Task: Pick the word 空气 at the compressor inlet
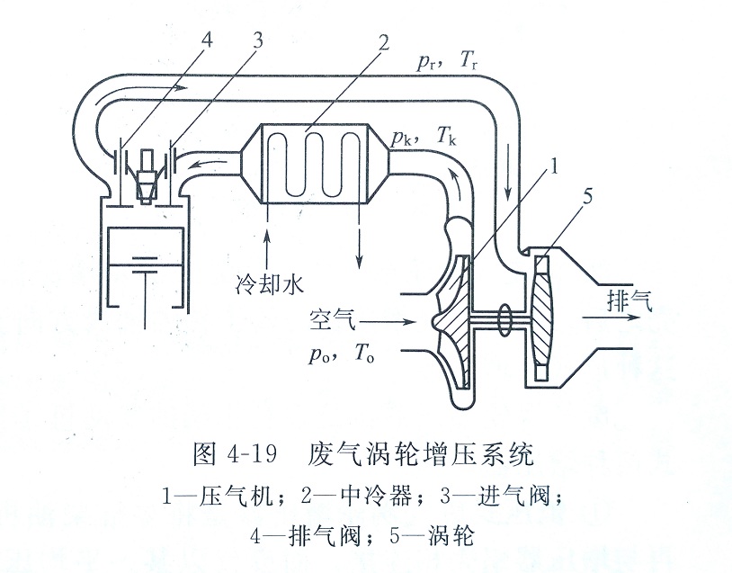click(x=332, y=319)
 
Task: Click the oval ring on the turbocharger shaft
click(x=504, y=318)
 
